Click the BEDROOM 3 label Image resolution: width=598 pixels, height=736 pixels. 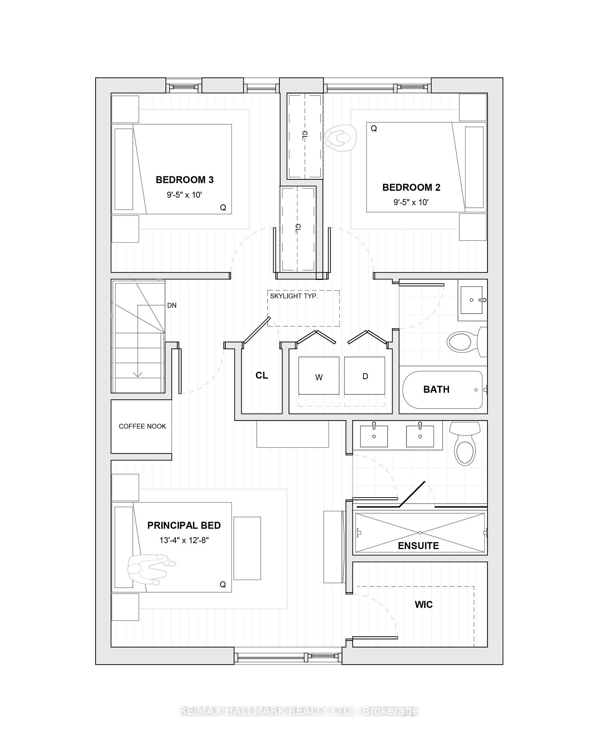point(184,180)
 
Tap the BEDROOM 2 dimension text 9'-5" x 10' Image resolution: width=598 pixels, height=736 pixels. point(411,202)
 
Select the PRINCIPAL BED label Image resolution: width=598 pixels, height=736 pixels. point(184,525)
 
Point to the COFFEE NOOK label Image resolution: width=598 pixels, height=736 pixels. point(142,426)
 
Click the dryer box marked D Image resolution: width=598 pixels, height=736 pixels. point(365,376)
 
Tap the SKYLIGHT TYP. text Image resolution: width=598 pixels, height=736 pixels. point(294,296)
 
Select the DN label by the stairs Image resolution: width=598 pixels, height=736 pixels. point(172,306)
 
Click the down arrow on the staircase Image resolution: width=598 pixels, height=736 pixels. point(138,373)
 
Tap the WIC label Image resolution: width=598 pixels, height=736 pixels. point(423,605)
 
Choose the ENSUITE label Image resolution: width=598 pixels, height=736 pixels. point(418,546)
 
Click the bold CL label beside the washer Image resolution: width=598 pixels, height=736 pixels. point(262,376)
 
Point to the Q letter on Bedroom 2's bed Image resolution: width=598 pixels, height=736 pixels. point(373,129)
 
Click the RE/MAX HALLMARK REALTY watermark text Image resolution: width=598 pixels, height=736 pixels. point(299,711)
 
